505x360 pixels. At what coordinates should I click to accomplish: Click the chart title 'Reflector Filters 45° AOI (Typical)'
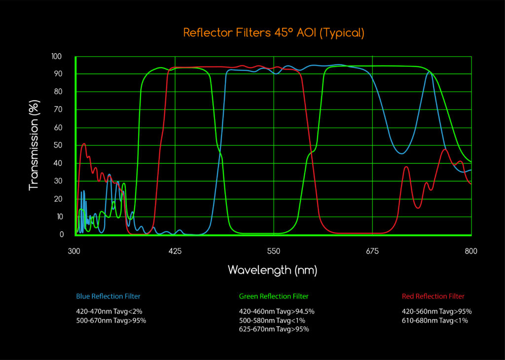click(274, 33)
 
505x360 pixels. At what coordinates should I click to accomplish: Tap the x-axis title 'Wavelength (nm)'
click(272, 270)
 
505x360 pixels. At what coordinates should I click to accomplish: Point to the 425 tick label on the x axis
click(175, 251)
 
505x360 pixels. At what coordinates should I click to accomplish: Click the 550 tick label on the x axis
click(274, 251)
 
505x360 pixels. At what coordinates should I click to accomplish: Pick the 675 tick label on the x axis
click(372, 251)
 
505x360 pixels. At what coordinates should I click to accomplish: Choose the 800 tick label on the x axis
click(471, 251)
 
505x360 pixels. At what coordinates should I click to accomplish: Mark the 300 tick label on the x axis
click(74, 251)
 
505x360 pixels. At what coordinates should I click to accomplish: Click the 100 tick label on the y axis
click(57, 56)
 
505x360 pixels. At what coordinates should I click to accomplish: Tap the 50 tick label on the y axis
click(58, 145)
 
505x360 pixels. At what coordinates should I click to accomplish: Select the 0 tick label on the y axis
click(61, 235)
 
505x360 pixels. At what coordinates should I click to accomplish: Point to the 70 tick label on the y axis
click(58, 109)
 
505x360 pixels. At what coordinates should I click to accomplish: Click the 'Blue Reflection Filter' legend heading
click(108, 296)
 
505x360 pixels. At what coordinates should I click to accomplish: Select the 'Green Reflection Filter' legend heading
click(274, 296)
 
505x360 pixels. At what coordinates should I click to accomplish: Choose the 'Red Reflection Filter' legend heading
click(433, 296)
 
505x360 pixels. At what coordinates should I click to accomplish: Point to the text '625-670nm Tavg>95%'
click(274, 329)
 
